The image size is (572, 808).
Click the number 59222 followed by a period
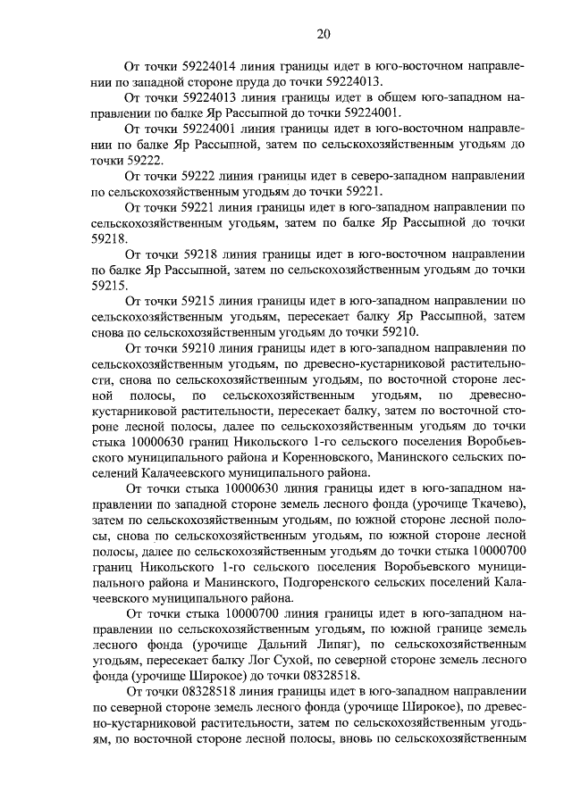[x=138, y=161]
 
